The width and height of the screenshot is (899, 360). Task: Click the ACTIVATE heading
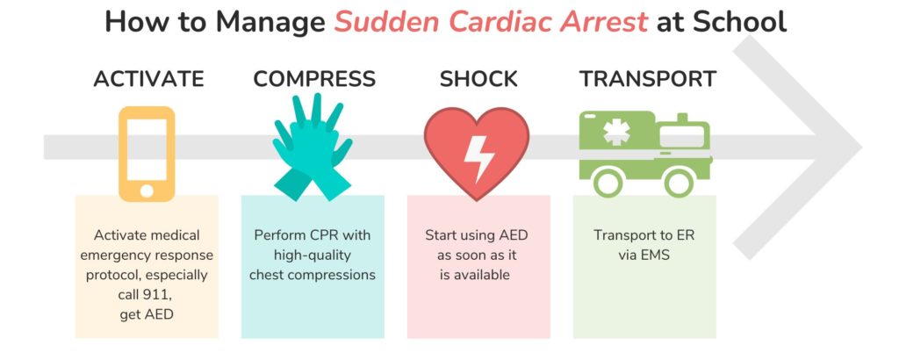[148, 79]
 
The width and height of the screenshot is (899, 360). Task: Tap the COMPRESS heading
[314, 79]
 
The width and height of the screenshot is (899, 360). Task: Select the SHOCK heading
[478, 79]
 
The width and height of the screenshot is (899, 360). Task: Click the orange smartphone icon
[147, 153]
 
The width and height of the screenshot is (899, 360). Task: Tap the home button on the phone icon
[147, 191]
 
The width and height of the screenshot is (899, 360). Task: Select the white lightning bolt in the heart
[478, 156]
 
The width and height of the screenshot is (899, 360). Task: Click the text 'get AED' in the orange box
[147, 314]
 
